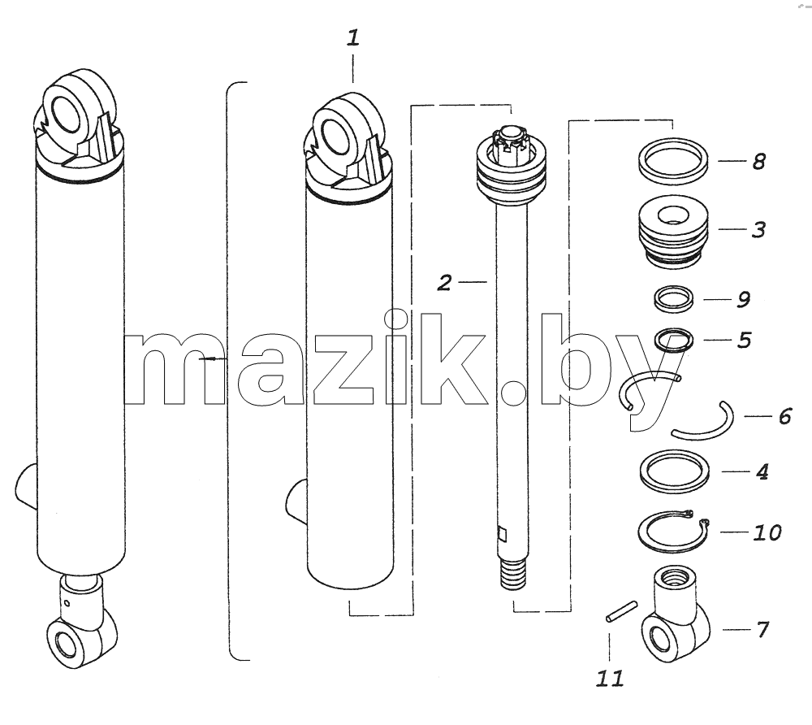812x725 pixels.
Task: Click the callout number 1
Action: click(352, 38)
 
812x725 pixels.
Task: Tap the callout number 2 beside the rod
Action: click(444, 283)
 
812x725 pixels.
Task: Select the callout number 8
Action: click(758, 161)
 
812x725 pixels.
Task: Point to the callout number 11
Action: click(610, 679)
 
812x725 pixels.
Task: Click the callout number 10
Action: click(767, 532)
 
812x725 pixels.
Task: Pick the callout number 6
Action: click(785, 416)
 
